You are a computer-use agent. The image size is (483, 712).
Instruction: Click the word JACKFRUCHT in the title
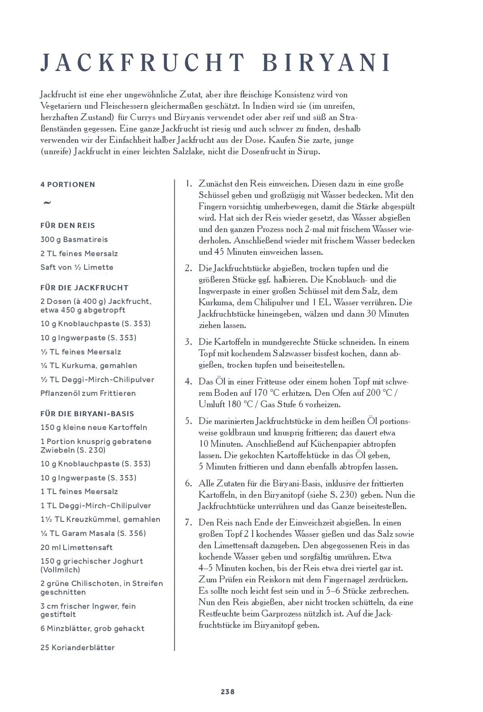[143, 63]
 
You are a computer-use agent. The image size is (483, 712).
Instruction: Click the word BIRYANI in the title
[326, 63]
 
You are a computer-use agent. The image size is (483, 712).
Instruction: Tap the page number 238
[228, 692]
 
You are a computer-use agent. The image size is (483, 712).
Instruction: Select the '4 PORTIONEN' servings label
[68, 185]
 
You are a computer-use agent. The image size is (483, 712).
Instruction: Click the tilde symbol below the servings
[47, 203]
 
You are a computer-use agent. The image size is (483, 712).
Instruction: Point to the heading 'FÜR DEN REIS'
[68, 226]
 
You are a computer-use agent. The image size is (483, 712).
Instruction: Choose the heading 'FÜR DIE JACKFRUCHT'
[85, 288]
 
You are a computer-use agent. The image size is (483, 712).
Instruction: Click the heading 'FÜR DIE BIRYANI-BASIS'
[87, 414]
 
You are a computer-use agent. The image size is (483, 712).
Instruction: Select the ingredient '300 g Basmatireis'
[74, 240]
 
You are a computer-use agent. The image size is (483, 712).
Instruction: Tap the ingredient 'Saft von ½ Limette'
[77, 268]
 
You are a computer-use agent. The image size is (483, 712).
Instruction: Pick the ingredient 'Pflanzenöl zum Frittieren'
[88, 394]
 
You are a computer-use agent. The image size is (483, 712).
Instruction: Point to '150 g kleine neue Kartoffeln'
[94, 428]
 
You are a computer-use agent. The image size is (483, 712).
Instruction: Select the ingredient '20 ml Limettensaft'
[76, 548]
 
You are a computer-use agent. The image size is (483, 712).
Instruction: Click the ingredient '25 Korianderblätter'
[78, 648]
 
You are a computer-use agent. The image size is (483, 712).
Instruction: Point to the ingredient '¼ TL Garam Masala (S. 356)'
[93, 534]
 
